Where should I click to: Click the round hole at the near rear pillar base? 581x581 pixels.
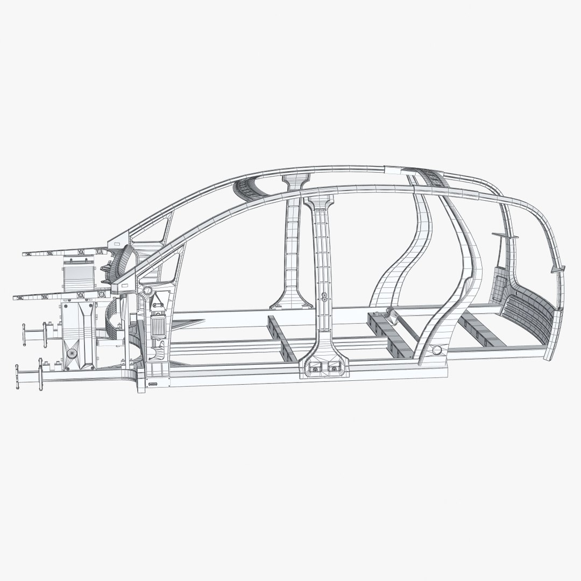pyautogui.click(x=436, y=350)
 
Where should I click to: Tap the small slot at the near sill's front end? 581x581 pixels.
pyautogui.click(x=153, y=384)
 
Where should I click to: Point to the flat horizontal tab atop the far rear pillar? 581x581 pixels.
pyautogui.click(x=504, y=236)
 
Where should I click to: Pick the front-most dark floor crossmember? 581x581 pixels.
pyautogui.click(x=281, y=341)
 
